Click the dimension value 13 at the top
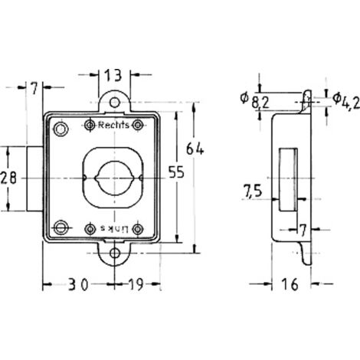click(x=113, y=76)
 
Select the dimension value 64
click(x=195, y=149)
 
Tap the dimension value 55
click(x=176, y=172)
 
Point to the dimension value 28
click(x=8, y=178)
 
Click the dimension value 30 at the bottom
click(x=78, y=284)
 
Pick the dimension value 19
click(x=136, y=284)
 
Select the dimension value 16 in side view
click(x=290, y=284)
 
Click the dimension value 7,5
click(x=253, y=191)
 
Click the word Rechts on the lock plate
click(x=113, y=125)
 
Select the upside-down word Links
click(x=113, y=229)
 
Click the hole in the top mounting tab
click(x=115, y=103)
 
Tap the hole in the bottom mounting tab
click(x=115, y=254)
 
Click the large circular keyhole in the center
click(x=114, y=178)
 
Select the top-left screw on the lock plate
click(x=61, y=129)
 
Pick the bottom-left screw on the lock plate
click(x=61, y=227)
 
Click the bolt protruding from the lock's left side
click(x=34, y=178)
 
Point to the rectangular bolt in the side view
click(x=288, y=179)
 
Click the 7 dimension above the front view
click(x=34, y=88)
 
